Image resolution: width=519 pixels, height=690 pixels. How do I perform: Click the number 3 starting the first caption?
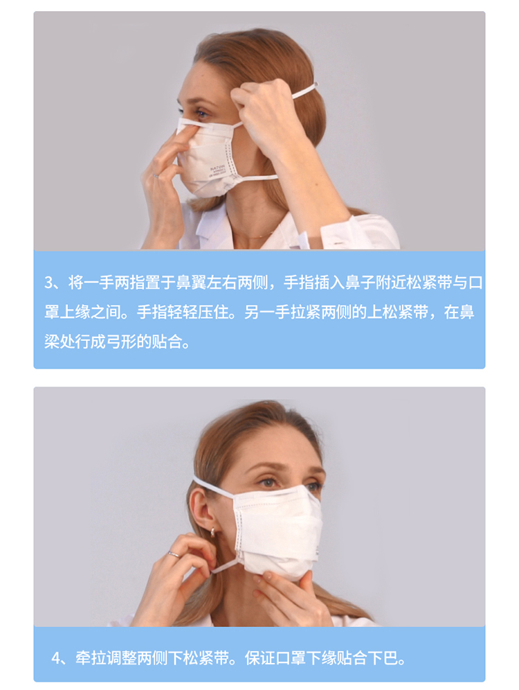pyautogui.click(x=48, y=283)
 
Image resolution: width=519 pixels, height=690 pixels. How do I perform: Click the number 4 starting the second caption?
pyautogui.click(x=56, y=659)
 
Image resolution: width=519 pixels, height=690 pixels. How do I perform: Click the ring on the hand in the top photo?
pyautogui.click(x=156, y=176)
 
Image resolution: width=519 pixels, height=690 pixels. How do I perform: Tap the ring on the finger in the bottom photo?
pyautogui.click(x=174, y=554)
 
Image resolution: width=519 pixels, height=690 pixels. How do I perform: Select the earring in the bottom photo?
pyautogui.click(x=214, y=533)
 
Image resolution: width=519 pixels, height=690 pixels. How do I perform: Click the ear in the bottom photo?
pyautogui.click(x=205, y=511)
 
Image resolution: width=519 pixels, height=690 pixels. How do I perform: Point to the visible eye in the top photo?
pyautogui.click(x=201, y=114)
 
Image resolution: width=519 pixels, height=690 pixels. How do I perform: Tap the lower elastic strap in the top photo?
pyautogui.click(x=255, y=178)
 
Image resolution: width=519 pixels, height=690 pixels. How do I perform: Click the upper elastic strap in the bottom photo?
pyautogui.click(x=212, y=486)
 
